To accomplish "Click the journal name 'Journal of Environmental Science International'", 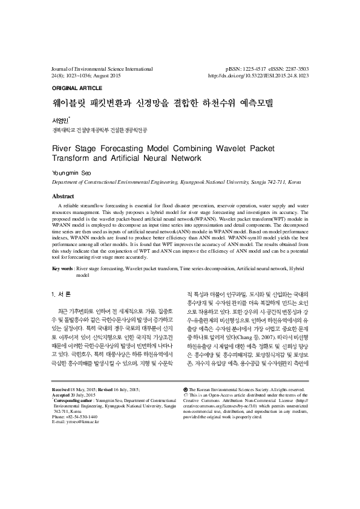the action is point(101,70).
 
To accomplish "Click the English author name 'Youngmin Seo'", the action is point(73,173).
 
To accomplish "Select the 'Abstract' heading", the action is point(64,196).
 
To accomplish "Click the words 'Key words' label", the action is point(63,267).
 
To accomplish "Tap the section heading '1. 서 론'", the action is point(62,294).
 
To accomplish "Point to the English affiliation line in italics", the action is point(176,181).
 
